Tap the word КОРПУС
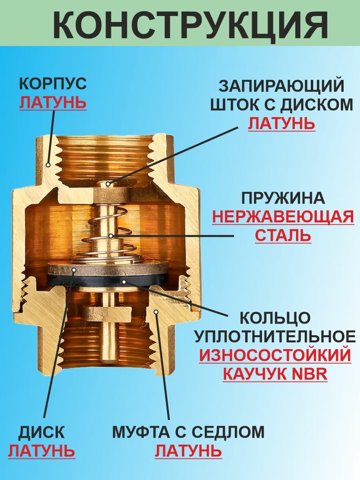point(53,84)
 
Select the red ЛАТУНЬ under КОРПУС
point(53,103)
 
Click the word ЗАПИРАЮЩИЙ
point(282,86)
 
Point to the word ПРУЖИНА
point(282,198)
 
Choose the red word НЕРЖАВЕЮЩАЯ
point(283,217)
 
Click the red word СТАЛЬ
point(283,235)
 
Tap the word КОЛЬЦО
point(275,318)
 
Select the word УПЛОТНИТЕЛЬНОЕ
point(275,336)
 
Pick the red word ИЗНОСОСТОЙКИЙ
point(275,355)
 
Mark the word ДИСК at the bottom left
point(42,432)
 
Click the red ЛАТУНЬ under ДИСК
point(42,451)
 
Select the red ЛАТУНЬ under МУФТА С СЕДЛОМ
point(188,451)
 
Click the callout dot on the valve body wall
point(48,164)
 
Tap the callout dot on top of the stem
point(109,184)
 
